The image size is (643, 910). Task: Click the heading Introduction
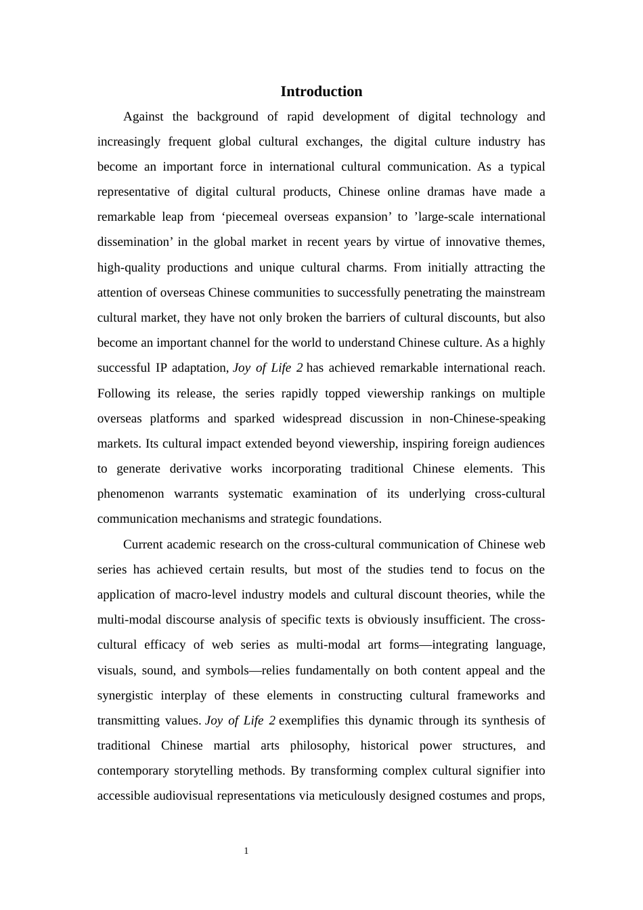point(321,91)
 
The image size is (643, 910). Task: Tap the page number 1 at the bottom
point(246,851)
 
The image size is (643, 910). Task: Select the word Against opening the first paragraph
point(143,116)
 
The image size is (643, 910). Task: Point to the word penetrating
point(435,292)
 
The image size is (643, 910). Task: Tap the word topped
point(342,393)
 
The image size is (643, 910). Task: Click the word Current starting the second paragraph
point(145,544)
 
